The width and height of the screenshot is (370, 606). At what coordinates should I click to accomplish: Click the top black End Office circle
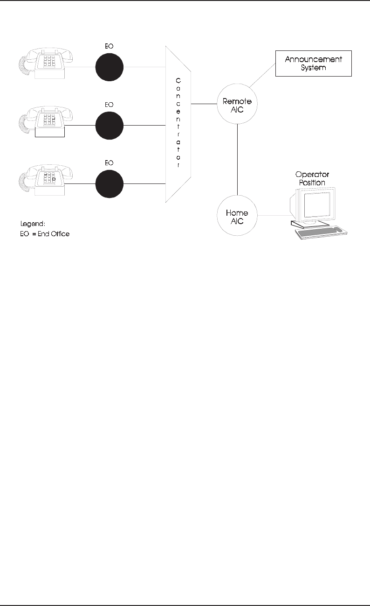(109, 67)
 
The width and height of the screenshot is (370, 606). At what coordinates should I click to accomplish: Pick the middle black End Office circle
(109, 125)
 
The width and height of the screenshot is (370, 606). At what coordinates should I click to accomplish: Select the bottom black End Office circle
(109, 184)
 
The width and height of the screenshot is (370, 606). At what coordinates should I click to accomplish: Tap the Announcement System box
(313, 63)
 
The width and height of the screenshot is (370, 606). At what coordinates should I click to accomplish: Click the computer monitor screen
(317, 204)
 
